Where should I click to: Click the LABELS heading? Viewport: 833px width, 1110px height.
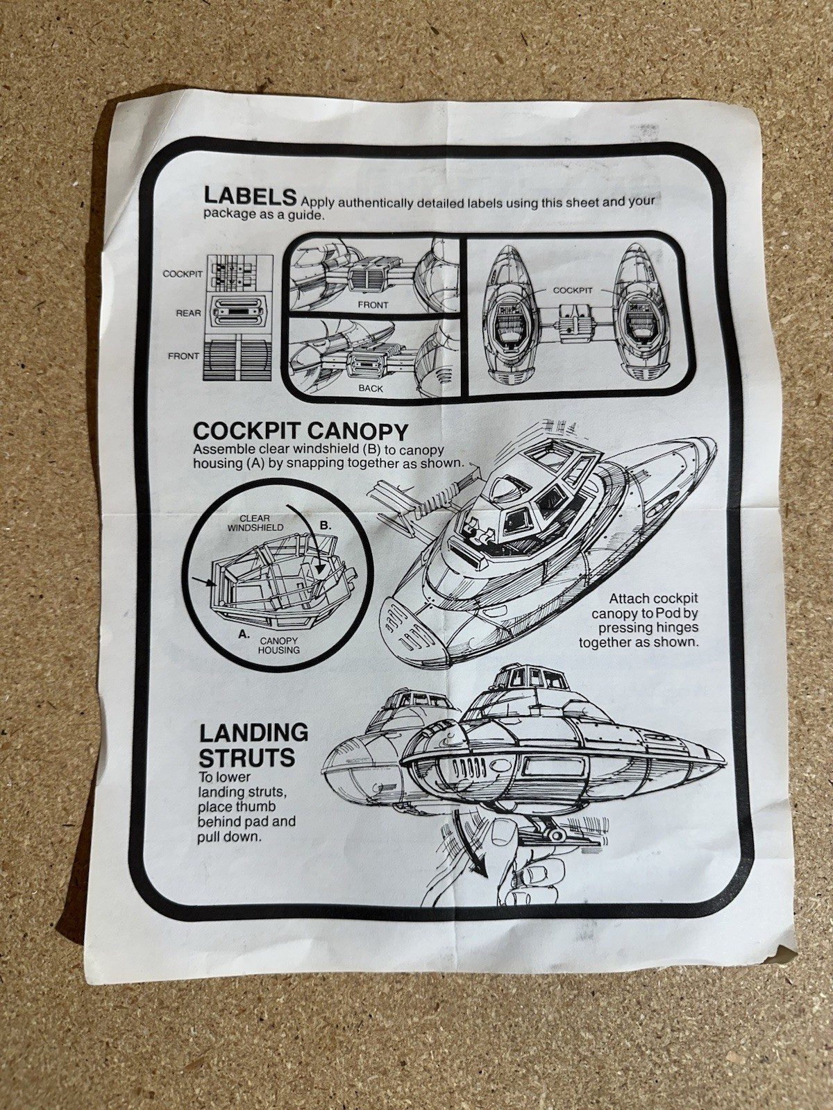click(251, 195)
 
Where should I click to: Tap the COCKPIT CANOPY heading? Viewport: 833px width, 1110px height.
click(300, 431)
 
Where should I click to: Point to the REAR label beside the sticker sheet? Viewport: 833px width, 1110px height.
click(188, 314)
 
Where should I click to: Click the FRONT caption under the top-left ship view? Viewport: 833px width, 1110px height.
click(373, 305)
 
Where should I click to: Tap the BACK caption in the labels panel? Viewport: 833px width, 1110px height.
click(371, 388)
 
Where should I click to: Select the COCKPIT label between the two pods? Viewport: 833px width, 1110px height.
click(573, 291)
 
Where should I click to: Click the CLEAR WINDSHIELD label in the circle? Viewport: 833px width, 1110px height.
click(255, 522)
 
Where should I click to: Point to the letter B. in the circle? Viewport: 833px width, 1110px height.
click(326, 525)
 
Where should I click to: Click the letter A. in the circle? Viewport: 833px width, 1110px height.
click(244, 633)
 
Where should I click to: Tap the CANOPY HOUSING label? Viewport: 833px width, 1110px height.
click(279, 645)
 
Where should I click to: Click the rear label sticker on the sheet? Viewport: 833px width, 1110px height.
click(237, 313)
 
